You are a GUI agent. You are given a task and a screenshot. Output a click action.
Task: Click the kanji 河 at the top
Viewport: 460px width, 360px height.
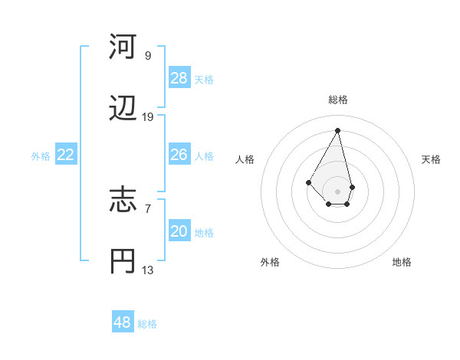(123, 47)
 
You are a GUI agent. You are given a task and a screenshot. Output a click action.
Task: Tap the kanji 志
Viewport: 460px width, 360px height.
(123, 200)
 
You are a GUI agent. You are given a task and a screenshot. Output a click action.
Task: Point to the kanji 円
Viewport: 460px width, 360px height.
(123, 261)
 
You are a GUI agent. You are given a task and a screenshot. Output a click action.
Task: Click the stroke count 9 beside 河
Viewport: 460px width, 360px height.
(148, 56)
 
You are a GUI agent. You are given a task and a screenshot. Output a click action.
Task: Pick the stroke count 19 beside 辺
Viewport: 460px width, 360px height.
(148, 117)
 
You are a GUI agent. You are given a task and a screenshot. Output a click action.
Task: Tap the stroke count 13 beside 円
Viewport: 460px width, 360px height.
(148, 270)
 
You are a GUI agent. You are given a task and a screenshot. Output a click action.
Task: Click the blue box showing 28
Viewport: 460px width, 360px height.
(179, 78)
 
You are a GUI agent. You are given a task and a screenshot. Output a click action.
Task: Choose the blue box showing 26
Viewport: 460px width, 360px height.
(179, 155)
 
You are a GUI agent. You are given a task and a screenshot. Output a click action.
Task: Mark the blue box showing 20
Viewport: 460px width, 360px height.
(179, 231)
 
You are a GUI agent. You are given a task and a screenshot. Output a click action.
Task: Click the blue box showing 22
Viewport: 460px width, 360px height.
(66, 155)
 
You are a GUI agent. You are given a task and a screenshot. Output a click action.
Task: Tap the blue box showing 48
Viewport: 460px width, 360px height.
(123, 322)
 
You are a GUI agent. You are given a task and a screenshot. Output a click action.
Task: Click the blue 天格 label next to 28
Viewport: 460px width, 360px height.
(204, 80)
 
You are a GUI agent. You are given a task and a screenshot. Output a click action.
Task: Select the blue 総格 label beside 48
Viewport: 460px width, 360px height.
(147, 324)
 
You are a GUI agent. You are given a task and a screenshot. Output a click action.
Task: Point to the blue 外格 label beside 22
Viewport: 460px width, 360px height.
(41, 156)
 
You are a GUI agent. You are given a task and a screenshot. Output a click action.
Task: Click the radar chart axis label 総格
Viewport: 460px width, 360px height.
(338, 100)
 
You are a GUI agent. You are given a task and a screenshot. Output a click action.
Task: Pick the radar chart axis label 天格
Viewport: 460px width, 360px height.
(431, 159)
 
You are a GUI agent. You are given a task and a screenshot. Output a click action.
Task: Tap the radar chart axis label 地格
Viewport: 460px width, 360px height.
(402, 263)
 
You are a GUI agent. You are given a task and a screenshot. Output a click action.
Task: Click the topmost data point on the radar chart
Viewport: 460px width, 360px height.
(338, 130)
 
